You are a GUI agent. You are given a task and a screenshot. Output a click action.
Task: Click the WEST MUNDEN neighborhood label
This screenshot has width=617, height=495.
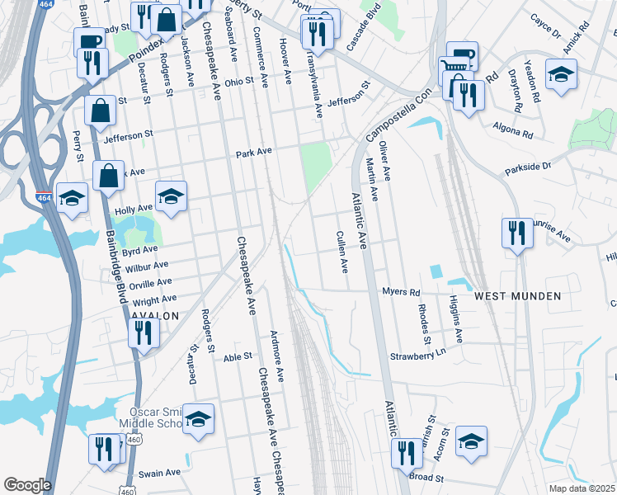click(x=517, y=295)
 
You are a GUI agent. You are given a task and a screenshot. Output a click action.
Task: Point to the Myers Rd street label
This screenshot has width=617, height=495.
click(x=402, y=292)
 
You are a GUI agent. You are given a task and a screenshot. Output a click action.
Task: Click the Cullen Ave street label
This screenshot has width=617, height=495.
click(x=342, y=252)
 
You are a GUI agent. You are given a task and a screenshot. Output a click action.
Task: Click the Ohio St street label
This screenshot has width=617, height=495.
click(x=240, y=82)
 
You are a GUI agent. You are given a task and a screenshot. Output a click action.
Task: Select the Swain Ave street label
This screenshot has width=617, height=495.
click(x=159, y=473)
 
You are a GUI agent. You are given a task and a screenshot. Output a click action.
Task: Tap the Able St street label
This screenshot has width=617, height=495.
click(x=237, y=356)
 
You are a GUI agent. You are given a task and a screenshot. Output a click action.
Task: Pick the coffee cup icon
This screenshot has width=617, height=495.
click(x=88, y=41)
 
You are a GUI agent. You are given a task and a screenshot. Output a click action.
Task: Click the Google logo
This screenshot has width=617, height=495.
click(x=27, y=485)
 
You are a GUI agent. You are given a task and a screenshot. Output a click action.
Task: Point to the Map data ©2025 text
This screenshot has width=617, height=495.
click(x=581, y=488)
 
